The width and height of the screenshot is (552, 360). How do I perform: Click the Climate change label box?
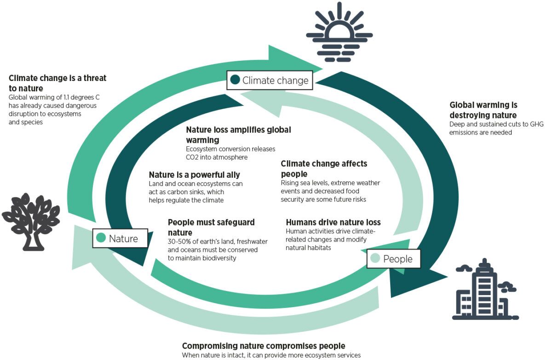(270, 80)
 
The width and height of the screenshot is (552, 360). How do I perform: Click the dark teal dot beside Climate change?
(236, 80)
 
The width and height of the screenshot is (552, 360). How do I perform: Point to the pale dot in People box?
(375, 259)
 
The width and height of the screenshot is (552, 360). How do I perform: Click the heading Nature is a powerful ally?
(194, 175)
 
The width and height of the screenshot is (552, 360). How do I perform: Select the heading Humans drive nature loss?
(333, 222)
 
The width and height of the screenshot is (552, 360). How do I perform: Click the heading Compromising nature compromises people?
(264, 346)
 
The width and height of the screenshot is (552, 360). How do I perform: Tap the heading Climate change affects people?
(324, 168)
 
